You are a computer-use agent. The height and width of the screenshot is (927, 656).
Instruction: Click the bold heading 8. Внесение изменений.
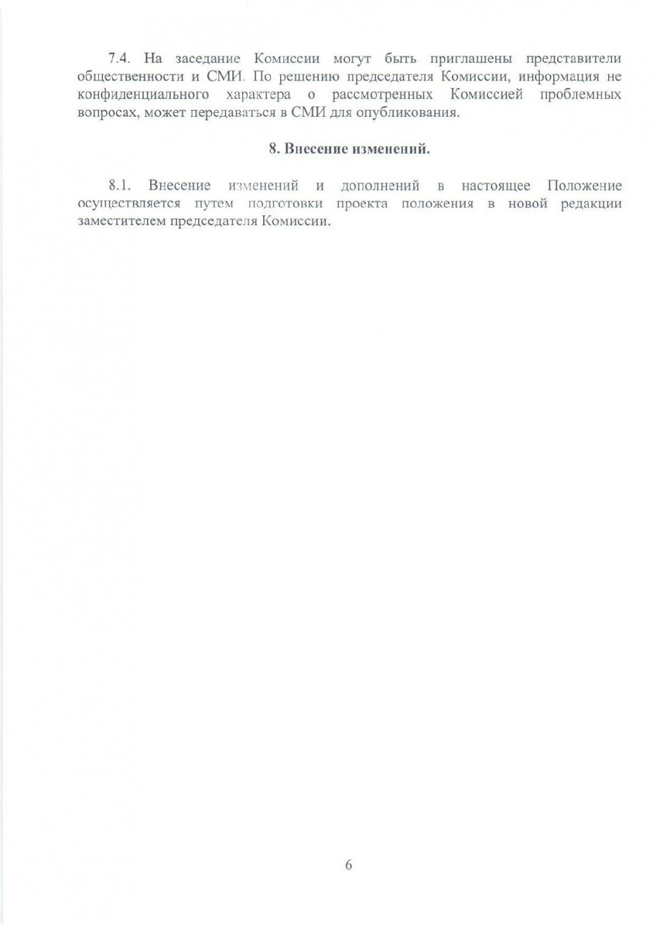point(349,149)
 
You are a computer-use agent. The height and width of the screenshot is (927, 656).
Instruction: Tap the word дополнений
point(379,186)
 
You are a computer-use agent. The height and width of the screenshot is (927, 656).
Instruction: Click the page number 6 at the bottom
point(348,865)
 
